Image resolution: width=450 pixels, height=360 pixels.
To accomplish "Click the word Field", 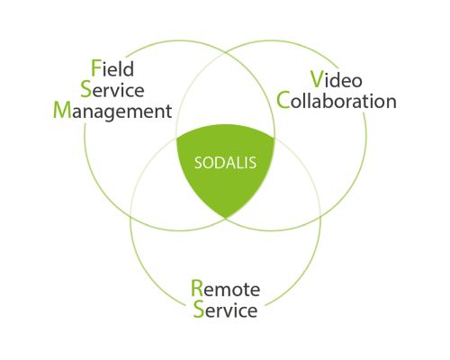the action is [x=112, y=68].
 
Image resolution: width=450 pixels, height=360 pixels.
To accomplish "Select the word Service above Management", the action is [x=112, y=89].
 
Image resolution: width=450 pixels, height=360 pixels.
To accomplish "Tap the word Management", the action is [x=112, y=111].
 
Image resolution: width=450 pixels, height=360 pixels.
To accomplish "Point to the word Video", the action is [x=336, y=79].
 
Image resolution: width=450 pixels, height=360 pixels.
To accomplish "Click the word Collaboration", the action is [x=337, y=101].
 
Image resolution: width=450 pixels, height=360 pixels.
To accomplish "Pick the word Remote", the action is [x=226, y=289].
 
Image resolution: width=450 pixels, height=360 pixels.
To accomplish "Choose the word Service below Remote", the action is [x=225, y=310].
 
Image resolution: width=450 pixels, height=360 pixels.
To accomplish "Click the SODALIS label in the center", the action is [x=225, y=163].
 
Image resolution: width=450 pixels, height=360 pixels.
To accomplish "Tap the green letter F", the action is [x=95, y=68].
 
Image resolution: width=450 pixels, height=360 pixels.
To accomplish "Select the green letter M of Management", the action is [x=62, y=110].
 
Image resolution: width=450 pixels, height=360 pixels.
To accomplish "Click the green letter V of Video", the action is [x=317, y=79].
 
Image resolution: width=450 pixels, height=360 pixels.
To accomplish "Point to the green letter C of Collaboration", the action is [x=283, y=101].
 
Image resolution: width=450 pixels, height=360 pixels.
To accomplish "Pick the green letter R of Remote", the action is [x=197, y=288].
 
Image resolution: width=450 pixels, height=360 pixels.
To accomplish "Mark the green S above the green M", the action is [x=86, y=89].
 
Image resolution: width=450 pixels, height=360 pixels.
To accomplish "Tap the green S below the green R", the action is [x=199, y=309].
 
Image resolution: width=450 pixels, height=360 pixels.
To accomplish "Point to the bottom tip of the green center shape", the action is [x=226, y=218].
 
